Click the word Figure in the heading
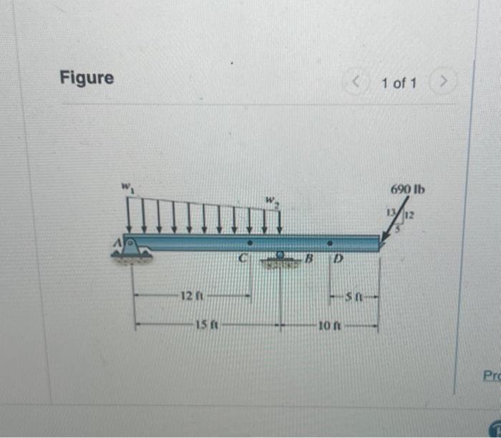pyautogui.click(x=87, y=78)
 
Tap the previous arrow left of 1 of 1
pyautogui.click(x=358, y=83)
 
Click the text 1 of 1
pyautogui.click(x=399, y=83)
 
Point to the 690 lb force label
pyautogui.click(x=407, y=190)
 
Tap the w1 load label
pyautogui.click(x=127, y=187)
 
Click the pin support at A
pyautogui.click(x=133, y=249)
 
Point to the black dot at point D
pyautogui.click(x=330, y=244)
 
